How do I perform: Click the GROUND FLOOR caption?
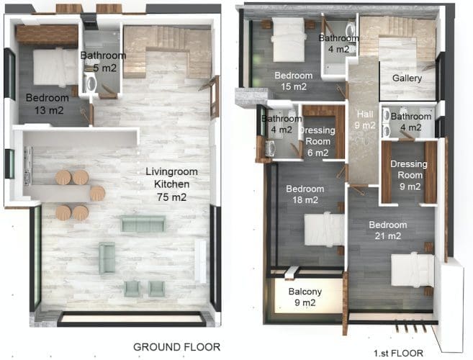click(x=177, y=347)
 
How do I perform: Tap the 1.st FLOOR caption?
click(x=398, y=353)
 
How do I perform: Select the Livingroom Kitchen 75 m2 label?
click(x=171, y=184)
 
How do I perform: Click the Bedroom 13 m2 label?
click(x=48, y=104)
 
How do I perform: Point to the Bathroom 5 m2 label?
click(x=103, y=61)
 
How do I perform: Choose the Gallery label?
click(x=407, y=78)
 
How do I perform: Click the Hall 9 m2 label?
click(x=365, y=120)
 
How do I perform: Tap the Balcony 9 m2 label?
click(x=305, y=297)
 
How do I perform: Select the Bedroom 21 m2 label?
click(x=388, y=230)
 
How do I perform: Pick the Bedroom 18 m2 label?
click(x=305, y=194)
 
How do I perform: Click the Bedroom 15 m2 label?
click(x=294, y=81)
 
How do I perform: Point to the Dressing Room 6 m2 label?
click(x=317, y=142)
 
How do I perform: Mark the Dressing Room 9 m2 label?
click(x=410, y=176)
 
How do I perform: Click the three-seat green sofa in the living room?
click(x=143, y=224)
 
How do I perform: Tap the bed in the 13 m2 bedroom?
click(x=55, y=67)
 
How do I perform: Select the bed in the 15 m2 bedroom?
click(x=288, y=40)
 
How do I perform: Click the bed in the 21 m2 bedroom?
click(x=413, y=269)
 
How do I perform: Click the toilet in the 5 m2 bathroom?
click(x=90, y=82)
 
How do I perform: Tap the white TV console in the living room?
click(x=201, y=261)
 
